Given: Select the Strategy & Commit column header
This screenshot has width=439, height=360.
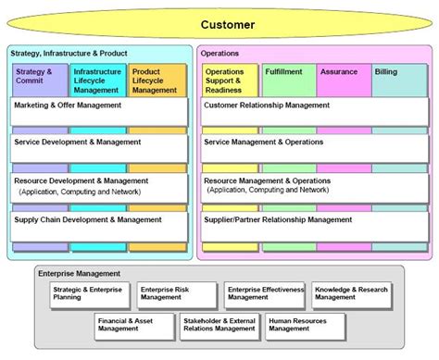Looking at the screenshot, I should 40,81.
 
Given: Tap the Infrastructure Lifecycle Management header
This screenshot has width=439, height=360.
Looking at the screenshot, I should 96,81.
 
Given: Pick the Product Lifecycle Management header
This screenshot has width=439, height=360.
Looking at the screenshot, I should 157,81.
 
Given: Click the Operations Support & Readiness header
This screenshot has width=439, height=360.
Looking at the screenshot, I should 230,81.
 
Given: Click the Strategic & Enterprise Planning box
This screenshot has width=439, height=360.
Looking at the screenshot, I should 89,293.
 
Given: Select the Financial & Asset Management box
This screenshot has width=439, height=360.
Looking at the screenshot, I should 130,324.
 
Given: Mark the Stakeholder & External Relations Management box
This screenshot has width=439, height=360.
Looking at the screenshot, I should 218,324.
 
